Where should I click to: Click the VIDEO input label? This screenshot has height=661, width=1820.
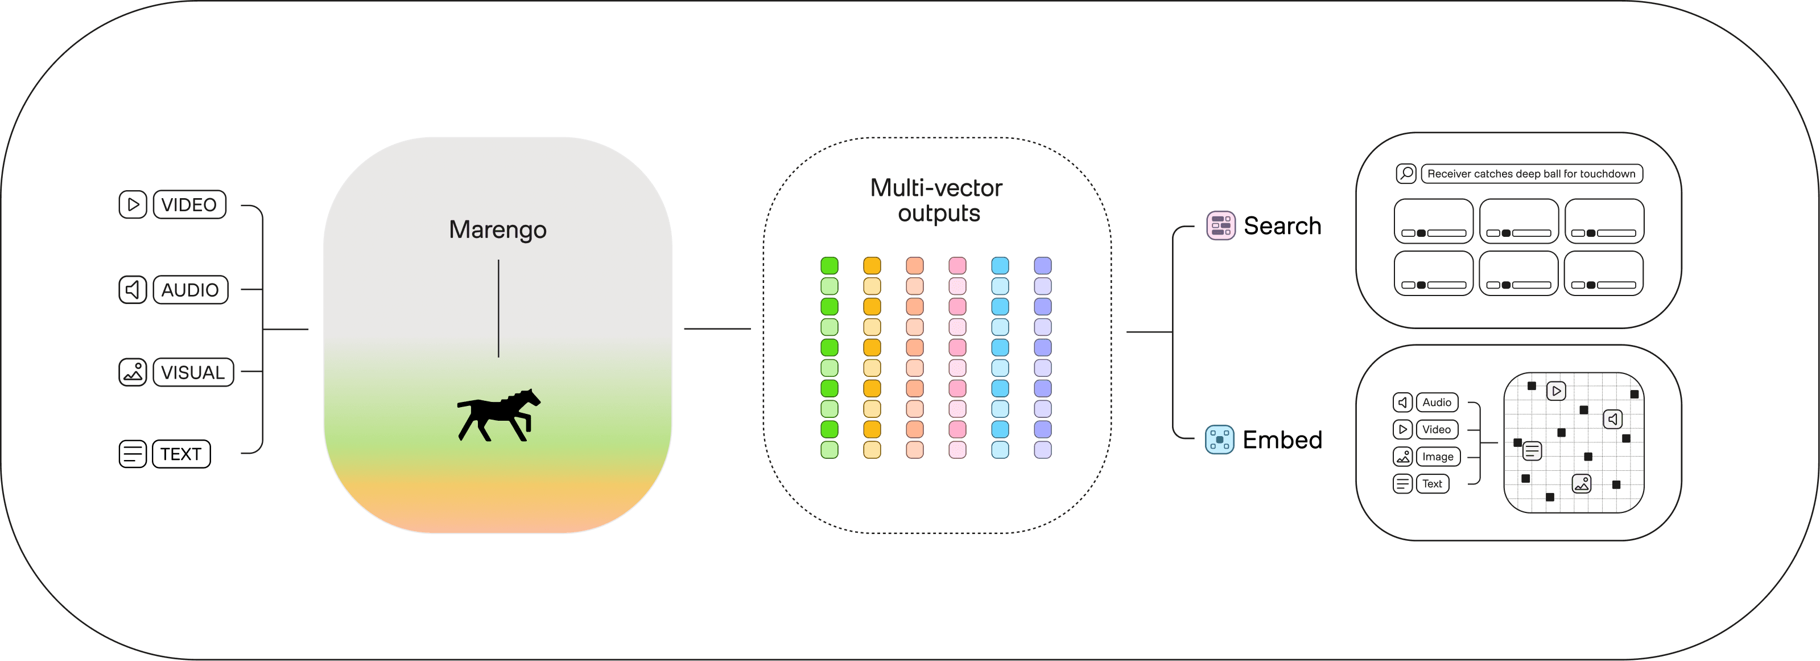[x=189, y=205]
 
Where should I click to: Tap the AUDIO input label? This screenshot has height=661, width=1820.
[x=190, y=290]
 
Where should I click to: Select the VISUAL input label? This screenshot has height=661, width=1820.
[x=193, y=372]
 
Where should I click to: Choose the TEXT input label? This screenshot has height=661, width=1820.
[x=181, y=454]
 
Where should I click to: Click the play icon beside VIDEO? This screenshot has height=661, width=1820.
[x=132, y=205]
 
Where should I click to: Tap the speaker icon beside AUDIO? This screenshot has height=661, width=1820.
[x=132, y=290]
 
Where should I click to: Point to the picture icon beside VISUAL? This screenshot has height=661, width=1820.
[x=132, y=372]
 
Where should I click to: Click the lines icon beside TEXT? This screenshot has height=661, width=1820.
[x=132, y=454]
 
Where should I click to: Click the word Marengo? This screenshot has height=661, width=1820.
[x=497, y=230]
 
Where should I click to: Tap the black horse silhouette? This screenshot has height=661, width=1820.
[x=498, y=415]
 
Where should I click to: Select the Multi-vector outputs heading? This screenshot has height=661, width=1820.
[x=937, y=200]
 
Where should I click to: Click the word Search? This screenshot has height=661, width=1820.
[x=1282, y=226]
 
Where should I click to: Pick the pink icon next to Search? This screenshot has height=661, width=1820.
[x=1220, y=226]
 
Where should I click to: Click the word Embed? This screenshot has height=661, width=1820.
[x=1282, y=440]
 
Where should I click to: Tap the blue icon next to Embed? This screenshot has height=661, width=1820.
[x=1219, y=440]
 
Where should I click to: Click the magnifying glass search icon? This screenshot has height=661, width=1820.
[x=1405, y=174]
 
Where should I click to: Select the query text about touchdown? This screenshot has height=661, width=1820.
[x=1530, y=174]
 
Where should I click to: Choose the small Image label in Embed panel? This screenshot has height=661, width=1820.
[x=1438, y=457]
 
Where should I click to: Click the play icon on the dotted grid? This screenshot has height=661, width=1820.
[x=1556, y=391]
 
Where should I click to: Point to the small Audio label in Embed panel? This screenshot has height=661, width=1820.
[x=1437, y=403]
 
